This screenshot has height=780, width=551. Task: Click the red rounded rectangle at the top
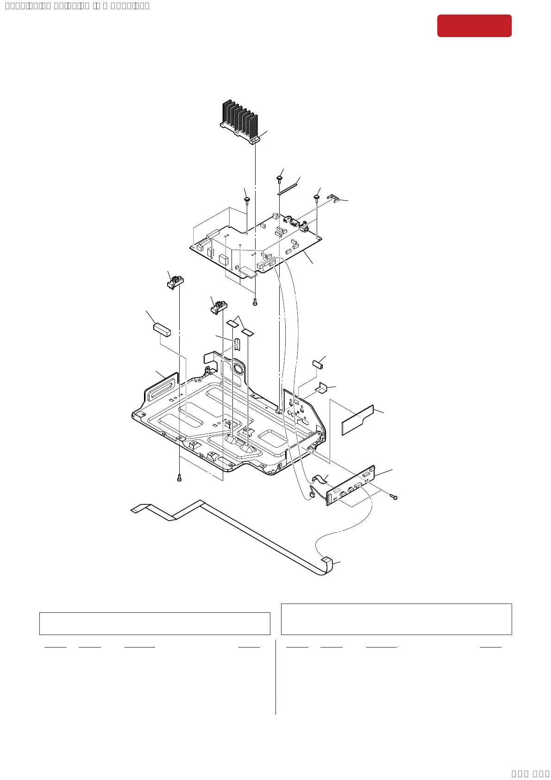click(x=474, y=25)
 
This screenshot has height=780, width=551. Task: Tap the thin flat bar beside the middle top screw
click(x=289, y=188)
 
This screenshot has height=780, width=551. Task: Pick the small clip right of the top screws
click(x=333, y=198)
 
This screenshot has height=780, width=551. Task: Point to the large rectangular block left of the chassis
click(x=162, y=329)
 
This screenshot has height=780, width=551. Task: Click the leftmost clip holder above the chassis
click(x=175, y=281)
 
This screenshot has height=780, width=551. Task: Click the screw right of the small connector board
click(x=394, y=497)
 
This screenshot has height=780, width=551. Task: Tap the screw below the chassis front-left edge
click(x=179, y=478)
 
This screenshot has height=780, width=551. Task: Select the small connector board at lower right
click(x=351, y=485)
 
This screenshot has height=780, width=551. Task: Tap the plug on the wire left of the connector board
click(x=312, y=496)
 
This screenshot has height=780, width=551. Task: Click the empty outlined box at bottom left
click(x=155, y=623)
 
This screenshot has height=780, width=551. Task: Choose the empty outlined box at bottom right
click(x=396, y=619)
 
